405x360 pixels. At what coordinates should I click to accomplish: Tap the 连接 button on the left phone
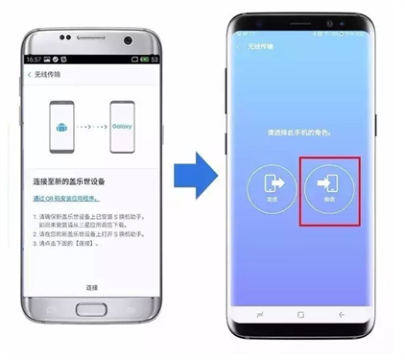92,287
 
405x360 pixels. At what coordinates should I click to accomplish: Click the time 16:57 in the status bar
34,60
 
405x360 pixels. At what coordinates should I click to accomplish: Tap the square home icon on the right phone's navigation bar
299,314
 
